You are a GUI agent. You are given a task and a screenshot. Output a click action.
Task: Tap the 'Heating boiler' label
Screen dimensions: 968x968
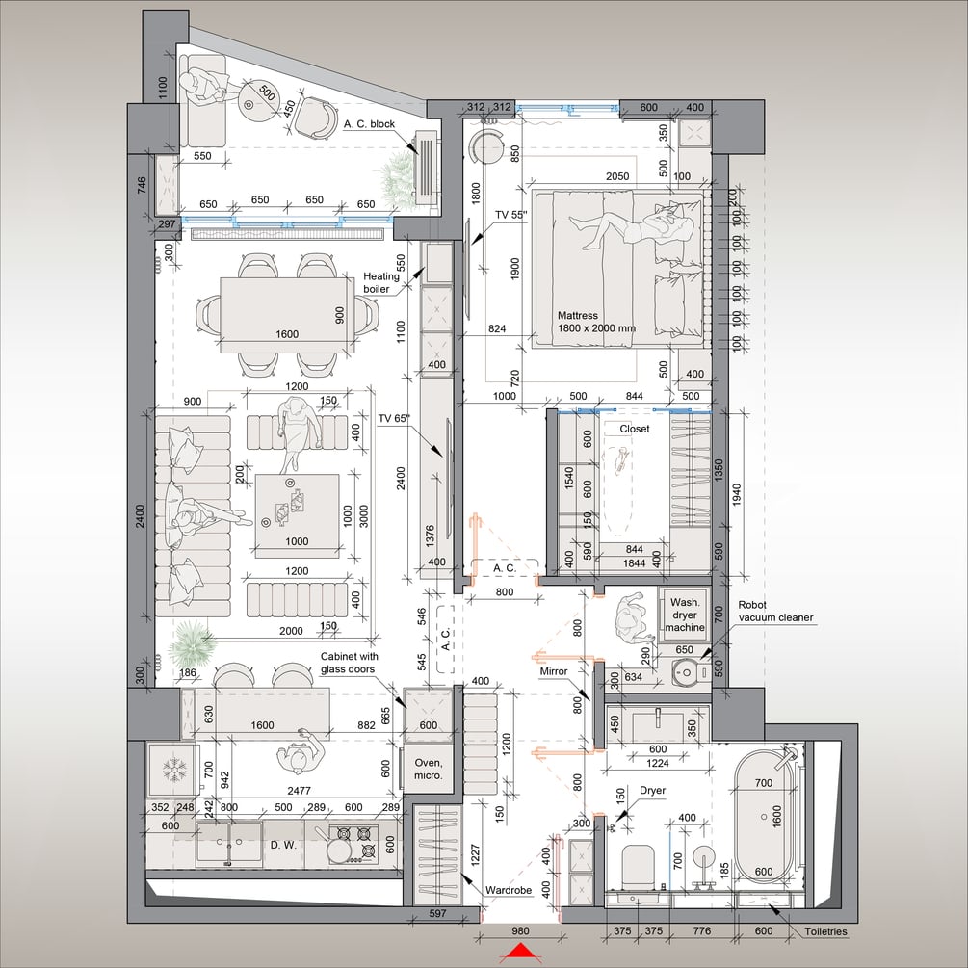coord(380,283)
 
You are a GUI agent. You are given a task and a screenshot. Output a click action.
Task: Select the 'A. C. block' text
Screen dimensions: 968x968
coord(369,124)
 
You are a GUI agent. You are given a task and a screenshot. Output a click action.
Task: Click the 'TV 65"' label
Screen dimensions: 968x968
coord(394,418)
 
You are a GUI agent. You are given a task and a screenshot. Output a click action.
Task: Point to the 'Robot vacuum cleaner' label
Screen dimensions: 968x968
coord(775,612)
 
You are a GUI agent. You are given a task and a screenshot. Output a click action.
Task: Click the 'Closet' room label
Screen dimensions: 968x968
coord(635,429)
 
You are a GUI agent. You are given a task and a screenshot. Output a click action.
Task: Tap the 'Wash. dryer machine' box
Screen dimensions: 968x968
coord(685,615)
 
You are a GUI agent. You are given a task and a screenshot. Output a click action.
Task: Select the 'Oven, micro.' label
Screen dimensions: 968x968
coord(429,770)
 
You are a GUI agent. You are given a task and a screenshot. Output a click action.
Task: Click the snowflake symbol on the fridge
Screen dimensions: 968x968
coord(174,770)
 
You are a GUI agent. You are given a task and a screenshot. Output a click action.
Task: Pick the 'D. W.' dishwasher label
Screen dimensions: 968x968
coord(283,845)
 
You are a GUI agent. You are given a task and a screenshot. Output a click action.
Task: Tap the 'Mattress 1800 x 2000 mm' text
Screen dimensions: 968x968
coord(596,322)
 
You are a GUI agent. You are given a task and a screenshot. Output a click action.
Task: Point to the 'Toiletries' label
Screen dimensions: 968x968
coord(825,931)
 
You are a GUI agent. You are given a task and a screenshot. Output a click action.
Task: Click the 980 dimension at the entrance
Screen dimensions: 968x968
coord(520,931)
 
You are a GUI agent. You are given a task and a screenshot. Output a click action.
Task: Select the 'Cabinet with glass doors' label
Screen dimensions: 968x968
coord(349,663)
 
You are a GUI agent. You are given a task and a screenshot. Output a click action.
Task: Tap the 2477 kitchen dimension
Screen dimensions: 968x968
coord(299,791)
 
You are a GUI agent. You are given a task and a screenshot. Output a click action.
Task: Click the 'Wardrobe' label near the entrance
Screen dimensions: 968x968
coord(509,890)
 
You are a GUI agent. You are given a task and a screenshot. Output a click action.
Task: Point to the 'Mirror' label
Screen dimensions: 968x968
coord(554,671)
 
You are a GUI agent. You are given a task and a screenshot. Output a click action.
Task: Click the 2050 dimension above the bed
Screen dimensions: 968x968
coord(617,176)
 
